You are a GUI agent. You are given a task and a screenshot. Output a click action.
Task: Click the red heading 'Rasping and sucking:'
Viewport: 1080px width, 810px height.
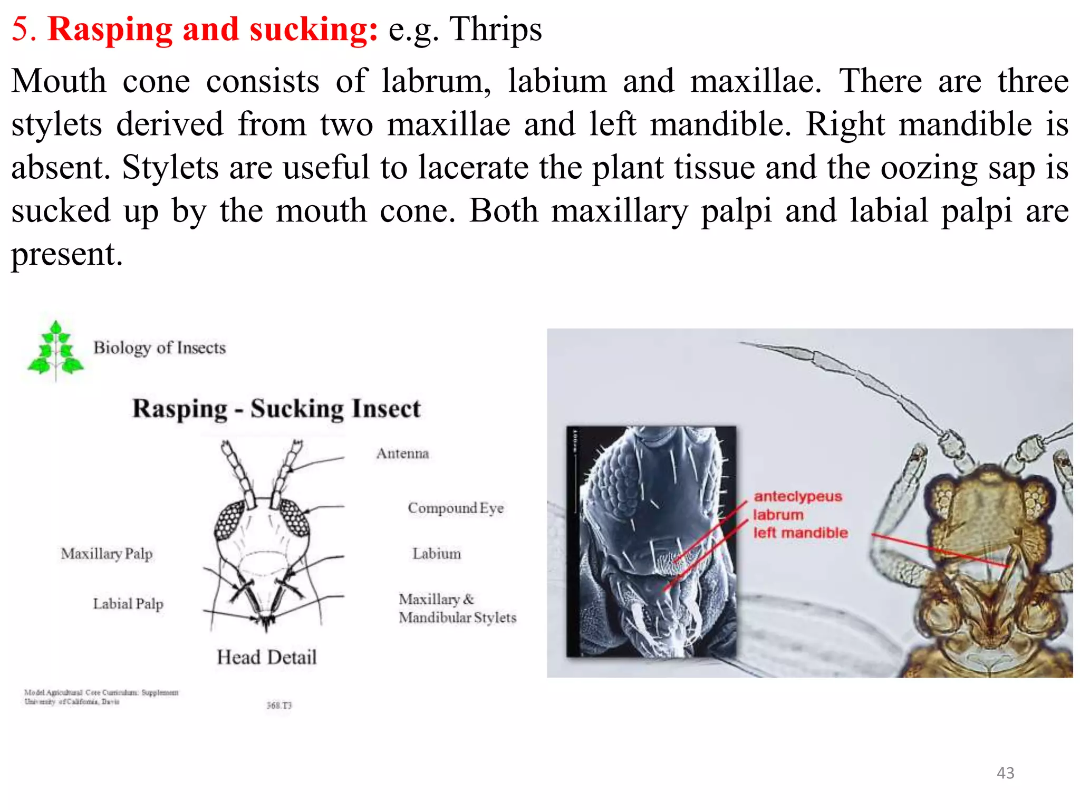tap(213, 29)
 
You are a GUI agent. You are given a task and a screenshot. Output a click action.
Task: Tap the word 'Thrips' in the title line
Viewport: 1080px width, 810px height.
tap(495, 29)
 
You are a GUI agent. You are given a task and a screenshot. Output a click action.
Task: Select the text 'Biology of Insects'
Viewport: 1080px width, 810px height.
tap(159, 348)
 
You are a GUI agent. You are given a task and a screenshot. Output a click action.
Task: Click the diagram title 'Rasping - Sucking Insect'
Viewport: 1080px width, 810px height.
tap(276, 409)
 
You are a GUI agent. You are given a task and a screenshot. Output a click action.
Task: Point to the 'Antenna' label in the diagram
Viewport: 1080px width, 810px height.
tap(402, 454)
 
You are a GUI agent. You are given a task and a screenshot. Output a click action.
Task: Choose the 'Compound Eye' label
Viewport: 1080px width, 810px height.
tap(456, 508)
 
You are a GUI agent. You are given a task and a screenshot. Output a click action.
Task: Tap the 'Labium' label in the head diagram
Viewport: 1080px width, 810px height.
tap(436, 554)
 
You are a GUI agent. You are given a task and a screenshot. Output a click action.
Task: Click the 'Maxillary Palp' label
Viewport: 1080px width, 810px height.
tap(107, 554)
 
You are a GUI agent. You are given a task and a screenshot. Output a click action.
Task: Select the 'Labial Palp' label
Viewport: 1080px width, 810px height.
tap(128, 603)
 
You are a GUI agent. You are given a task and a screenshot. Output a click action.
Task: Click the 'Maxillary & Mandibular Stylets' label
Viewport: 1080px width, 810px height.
tap(457, 608)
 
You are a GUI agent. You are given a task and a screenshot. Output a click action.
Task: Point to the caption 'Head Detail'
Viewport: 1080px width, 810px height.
tap(266, 657)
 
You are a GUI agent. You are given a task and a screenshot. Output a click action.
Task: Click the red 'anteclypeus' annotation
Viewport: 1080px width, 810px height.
tap(797, 496)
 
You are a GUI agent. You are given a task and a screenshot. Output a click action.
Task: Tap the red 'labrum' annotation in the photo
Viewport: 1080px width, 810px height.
tap(778, 515)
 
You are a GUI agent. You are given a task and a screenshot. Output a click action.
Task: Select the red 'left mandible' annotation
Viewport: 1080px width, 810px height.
tap(800, 533)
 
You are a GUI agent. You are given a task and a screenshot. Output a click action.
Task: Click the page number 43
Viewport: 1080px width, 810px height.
tap(1005, 773)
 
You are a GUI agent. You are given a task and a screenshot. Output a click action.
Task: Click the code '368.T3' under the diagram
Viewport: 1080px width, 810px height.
tap(278, 705)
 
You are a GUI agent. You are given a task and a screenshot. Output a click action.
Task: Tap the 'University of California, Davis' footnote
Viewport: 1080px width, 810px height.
tap(72, 702)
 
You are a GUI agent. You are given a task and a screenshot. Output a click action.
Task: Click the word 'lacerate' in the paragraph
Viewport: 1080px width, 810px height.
tap(473, 168)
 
